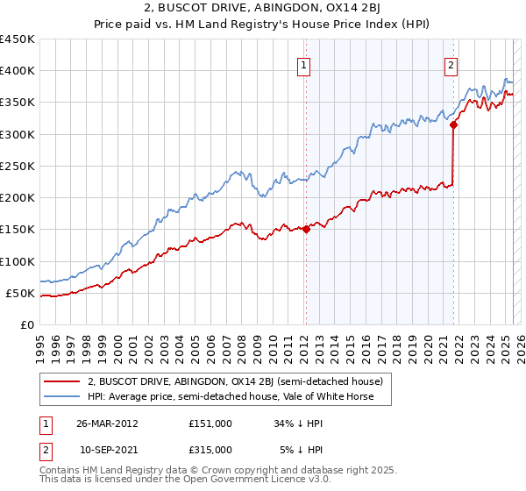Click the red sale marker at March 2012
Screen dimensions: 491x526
click(306, 230)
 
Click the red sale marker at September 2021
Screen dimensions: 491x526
click(453, 125)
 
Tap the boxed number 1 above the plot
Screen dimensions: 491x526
click(303, 65)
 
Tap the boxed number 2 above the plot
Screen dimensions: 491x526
click(451, 65)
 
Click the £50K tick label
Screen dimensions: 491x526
click(21, 293)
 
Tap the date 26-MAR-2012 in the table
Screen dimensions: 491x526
click(107, 423)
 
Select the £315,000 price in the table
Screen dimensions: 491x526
click(210, 449)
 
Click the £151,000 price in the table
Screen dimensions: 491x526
click(210, 423)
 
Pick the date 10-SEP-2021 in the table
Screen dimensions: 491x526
click(107, 449)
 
